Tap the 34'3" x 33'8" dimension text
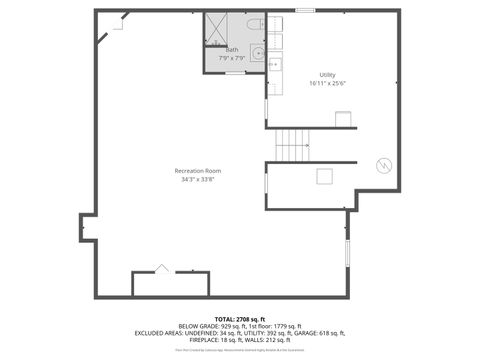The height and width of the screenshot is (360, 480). tap(196, 180)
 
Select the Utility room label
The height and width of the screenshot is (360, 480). tap(327, 75)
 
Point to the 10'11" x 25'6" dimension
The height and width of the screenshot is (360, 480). tap(327, 84)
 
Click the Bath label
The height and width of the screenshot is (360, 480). tap(232, 49)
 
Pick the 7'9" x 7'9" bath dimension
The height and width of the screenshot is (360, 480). tap(232, 58)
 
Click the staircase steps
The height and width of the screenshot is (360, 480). tap(292, 146)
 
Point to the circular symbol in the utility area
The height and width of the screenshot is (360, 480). tap(381, 165)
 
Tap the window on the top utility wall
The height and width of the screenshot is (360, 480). tap(306, 11)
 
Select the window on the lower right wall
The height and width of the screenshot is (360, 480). tap(347, 252)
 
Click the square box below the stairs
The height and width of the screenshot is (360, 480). tap(323, 177)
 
